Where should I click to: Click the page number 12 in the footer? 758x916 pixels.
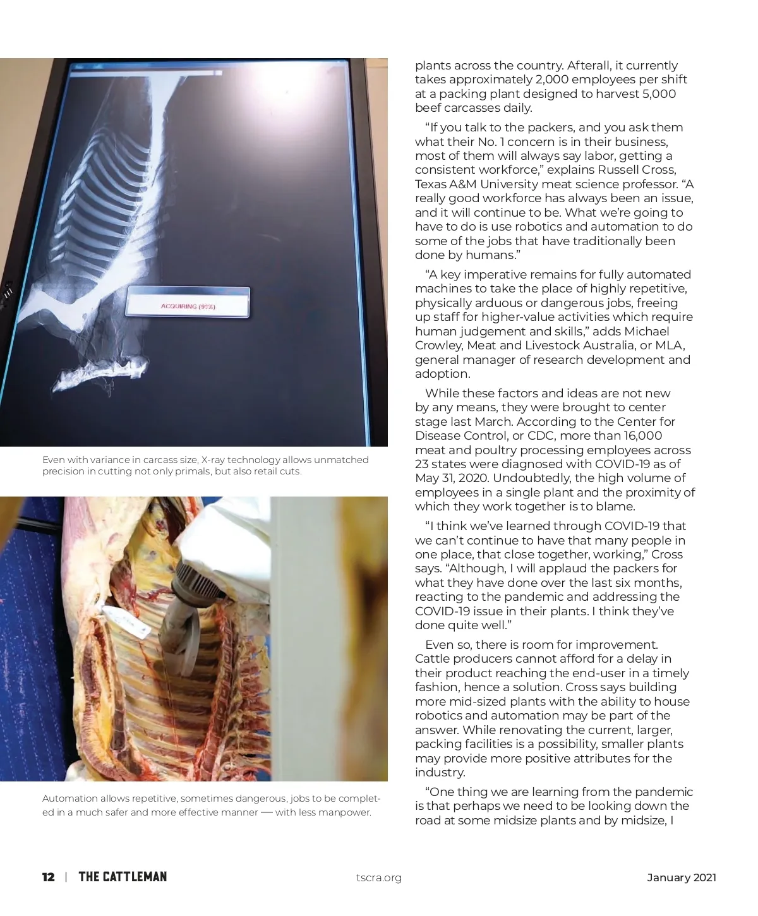(48, 877)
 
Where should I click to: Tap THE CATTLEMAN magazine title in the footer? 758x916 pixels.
(123, 877)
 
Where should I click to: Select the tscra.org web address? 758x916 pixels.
(379, 877)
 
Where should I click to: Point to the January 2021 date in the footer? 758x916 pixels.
(682, 877)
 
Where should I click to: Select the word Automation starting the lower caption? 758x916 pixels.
(70, 798)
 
